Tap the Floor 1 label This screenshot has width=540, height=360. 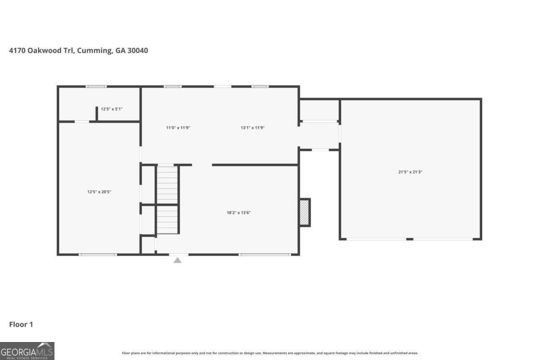(x=21, y=324)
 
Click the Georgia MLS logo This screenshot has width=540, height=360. (x=27, y=351)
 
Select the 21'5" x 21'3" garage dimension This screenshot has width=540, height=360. (x=410, y=171)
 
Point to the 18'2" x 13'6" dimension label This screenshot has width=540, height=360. (x=238, y=212)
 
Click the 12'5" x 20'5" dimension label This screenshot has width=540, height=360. (x=99, y=192)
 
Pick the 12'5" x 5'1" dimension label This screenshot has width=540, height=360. (x=112, y=109)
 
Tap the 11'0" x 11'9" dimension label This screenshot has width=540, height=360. (x=178, y=128)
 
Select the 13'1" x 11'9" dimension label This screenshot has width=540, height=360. (x=252, y=128)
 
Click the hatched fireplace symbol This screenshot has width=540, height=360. (x=305, y=212)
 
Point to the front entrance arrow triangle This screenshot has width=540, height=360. (x=178, y=260)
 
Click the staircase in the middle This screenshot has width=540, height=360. (x=167, y=200)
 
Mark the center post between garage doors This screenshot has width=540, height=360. (x=409, y=239)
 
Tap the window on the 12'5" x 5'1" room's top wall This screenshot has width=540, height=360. (x=96, y=86)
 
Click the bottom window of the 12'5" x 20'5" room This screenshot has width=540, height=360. (x=98, y=255)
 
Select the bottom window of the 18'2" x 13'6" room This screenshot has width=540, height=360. (x=265, y=255)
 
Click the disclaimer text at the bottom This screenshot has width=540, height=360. (x=270, y=353)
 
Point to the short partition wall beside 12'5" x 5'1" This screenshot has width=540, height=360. (x=97, y=113)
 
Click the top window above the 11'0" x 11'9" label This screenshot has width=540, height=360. (x=173, y=86)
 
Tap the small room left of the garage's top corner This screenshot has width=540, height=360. (x=319, y=110)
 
